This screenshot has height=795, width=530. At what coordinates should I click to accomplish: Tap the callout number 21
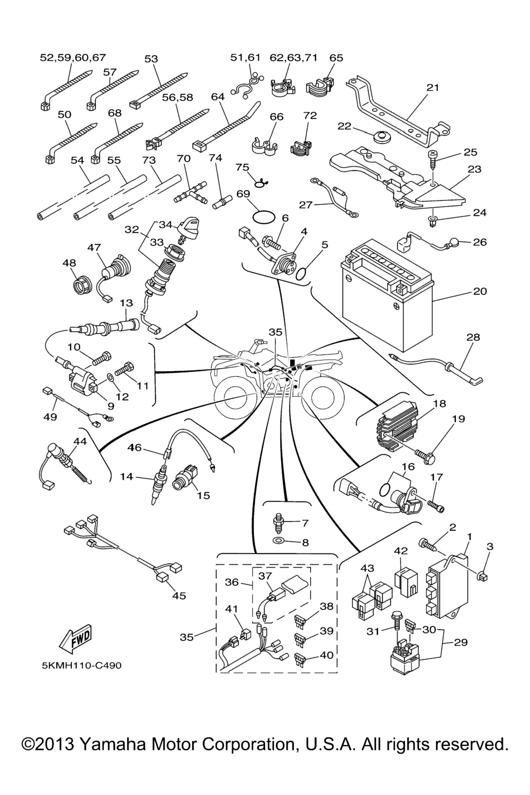pyautogui.click(x=433, y=87)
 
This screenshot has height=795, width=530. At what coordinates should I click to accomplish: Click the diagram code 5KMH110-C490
pyautogui.click(x=82, y=665)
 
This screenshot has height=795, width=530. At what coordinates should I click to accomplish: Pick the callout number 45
pyautogui.click(x=179, y=596)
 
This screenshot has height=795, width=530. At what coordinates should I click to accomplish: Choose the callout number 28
pyautogui.click(x=473, y=337)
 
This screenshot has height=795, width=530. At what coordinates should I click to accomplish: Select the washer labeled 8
pyautogui.click(x=279, y=542)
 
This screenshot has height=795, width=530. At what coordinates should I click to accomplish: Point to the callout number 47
pyautogui.click(x=94, y=247)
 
